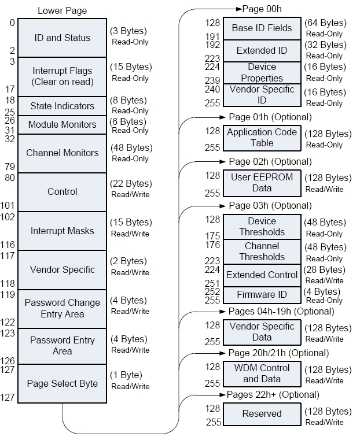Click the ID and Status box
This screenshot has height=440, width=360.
tap(63, 38)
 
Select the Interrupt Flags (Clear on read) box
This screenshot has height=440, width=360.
tap(63, 76)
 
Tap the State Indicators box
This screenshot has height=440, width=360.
tap(63, 106)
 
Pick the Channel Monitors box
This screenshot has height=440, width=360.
tap(63, 153)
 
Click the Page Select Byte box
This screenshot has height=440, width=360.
tap(63, 383)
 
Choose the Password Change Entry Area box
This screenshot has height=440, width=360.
tap(63, 308)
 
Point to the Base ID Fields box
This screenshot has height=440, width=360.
tap(262, 28)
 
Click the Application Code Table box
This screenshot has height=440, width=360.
tap(262, 137)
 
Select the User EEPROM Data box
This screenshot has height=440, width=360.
tap(262, 182)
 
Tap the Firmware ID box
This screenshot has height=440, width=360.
tap(262, 295)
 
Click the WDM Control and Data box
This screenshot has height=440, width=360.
tap(262, 374)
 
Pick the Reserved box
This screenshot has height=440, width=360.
tap(262, 413)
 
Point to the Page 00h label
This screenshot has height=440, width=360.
tap(262, 9)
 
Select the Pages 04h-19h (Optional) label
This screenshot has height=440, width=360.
tap(281, 312)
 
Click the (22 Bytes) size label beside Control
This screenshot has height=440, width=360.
tap(130, 184)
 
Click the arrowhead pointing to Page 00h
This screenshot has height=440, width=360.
tap(238, 9)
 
